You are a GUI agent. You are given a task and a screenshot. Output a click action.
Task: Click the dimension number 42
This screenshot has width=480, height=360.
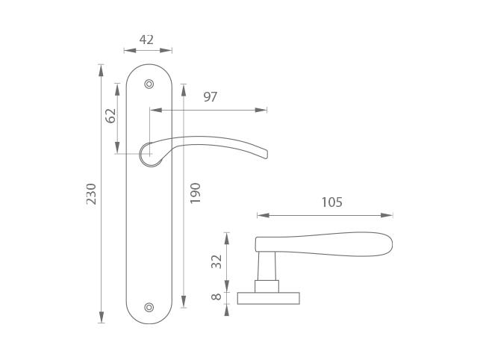coord(146,40)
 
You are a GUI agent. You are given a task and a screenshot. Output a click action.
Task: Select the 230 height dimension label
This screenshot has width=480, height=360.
coord(91,194)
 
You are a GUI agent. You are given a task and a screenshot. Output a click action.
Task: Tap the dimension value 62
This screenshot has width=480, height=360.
coord(110,116)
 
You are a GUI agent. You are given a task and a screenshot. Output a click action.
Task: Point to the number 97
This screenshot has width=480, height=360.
coord(211,97)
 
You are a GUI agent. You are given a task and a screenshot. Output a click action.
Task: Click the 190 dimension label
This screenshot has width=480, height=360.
coord(195,193)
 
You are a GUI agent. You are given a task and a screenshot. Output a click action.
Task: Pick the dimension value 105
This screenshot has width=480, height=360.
coord(332,202)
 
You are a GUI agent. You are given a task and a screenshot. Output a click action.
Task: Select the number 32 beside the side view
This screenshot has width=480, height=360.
coord(216,261)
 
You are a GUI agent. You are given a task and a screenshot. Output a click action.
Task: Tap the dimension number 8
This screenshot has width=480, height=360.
coord(216,297)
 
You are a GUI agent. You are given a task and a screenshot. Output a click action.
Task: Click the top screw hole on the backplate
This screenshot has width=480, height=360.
coord(149,84)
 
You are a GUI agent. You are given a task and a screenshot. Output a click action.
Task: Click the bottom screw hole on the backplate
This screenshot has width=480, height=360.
coord(149,307)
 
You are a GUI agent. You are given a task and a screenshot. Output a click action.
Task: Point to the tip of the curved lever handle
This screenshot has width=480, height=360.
coord(267,155)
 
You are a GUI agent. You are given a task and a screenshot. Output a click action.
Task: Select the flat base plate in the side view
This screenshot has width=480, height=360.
coord(269,299)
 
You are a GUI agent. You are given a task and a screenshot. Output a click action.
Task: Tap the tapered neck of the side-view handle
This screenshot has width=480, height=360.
coord(267,266)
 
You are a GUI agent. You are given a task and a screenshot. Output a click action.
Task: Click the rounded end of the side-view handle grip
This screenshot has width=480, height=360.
coord(390,244)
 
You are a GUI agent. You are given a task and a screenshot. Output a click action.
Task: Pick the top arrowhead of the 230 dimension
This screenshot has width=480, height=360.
coord(101,70)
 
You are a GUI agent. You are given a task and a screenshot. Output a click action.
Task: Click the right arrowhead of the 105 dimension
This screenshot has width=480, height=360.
coord(387,215)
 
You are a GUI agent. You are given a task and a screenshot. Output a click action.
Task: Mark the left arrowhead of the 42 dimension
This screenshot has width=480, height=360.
coord(130,51)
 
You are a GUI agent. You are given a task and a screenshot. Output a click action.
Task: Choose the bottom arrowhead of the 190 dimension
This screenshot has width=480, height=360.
coord(184,301)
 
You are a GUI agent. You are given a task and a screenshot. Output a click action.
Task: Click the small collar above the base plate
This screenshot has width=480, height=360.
coord(267,287)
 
